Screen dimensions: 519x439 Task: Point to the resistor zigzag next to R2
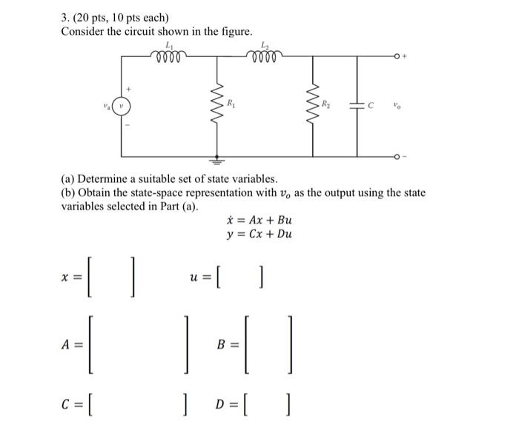pos(312,104)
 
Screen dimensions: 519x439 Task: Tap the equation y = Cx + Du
pos(259,235)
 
